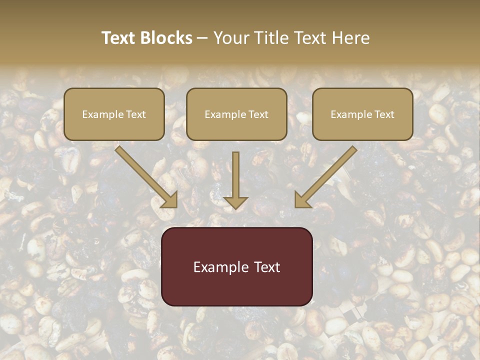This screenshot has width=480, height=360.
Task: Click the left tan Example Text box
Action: click(114, 114)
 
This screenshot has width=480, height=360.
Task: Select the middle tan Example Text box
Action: click(236, 114)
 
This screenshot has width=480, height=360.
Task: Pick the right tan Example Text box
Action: click(362, 114)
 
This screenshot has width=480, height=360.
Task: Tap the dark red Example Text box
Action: click(237, 266)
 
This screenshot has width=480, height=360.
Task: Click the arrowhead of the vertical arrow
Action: click(235, 202)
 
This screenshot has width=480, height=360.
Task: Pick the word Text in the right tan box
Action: click(384, 114)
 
